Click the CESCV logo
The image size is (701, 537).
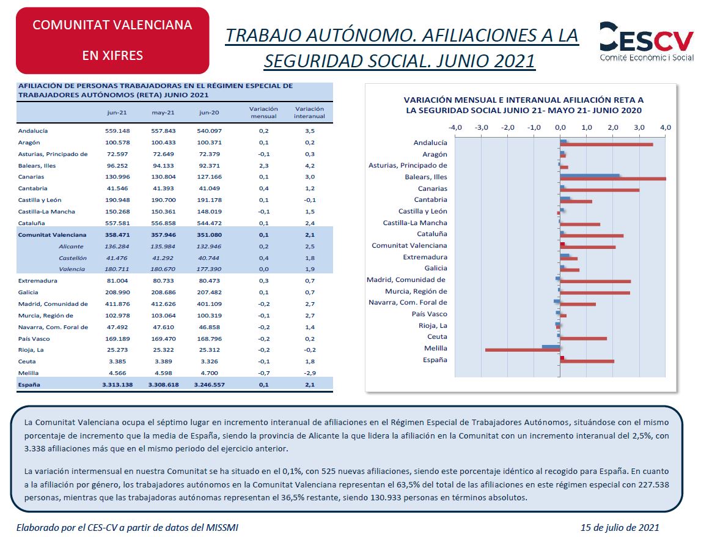[647, 41]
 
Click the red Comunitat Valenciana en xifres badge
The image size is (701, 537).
[112, 40]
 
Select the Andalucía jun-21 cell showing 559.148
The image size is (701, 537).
[117, 131]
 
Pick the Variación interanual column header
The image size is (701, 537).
[309, 113]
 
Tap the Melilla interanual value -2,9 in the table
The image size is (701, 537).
[310, 372]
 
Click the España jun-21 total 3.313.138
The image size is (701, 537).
[117, 385]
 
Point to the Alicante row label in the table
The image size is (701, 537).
[71, 246]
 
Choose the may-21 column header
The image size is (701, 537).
[163, 113]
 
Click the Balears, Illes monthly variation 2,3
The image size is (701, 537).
[264, 166]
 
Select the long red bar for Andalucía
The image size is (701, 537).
[607, 144]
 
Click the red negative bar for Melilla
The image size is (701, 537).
[523, 350]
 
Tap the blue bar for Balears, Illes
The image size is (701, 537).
[590, 176]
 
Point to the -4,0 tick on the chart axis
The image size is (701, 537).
[455, 128]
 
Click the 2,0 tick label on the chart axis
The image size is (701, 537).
[613, 128]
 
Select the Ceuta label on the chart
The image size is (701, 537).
[437, 336]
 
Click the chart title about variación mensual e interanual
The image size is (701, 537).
[524, 105]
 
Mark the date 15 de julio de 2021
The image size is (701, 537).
[620, 528]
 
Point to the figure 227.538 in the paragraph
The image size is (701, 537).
[653, 484]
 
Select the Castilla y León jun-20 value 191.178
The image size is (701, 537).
[209, 200]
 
